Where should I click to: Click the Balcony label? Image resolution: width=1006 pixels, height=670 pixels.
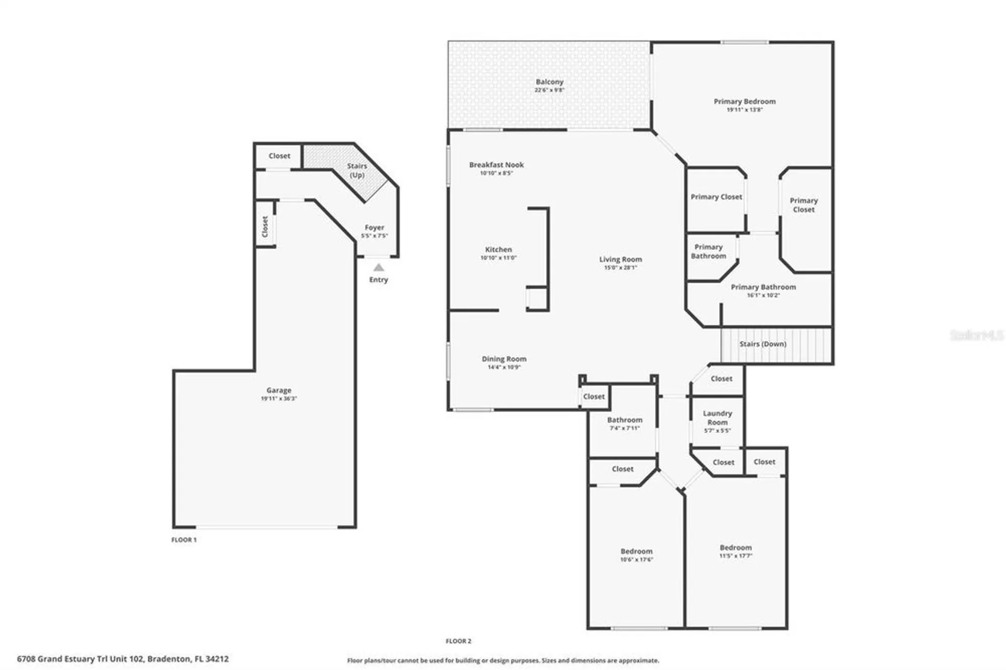point(549,81)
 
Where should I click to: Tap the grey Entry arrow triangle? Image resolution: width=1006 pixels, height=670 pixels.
point(379,268)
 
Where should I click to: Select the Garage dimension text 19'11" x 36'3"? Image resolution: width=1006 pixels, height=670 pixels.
point(279,398)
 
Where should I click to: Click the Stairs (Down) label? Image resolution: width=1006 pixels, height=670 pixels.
point(763,344)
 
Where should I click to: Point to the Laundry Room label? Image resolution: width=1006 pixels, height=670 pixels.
point(717,417)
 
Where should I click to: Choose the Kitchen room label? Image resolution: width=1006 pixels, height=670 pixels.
point(498,249)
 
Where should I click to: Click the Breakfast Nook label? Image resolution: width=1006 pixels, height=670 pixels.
point(496,164)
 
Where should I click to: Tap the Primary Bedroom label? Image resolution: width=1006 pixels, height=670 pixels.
point(744,101)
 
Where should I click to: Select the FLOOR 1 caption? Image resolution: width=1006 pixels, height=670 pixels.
point(184,540)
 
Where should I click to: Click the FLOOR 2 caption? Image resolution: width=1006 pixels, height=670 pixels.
point(458,641)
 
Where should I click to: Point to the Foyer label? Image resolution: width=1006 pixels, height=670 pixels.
point(374,227)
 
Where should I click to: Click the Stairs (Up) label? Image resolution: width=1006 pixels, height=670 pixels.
point(357,170)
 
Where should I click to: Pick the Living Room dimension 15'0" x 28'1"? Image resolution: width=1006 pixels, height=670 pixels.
point(620,268)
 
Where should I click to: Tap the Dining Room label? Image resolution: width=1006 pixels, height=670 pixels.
point(504,359)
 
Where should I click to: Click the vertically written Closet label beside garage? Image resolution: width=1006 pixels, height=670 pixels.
point(265,226)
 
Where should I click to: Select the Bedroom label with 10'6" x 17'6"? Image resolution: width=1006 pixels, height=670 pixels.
point(636,551)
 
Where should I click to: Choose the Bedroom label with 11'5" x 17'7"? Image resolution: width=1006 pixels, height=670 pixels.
point(735,547)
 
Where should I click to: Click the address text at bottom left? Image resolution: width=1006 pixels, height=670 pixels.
point(123,658)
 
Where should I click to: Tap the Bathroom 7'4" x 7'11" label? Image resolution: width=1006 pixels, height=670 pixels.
point(625,420)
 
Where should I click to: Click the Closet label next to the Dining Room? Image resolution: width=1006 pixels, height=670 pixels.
point(594,396)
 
